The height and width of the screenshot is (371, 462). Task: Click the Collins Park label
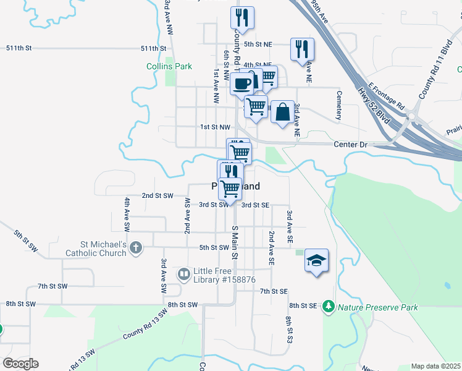[x=169, y=66]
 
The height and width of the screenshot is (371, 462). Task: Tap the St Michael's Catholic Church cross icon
[x=136, y=248]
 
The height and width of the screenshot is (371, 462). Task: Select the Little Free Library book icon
[x=184, y=273]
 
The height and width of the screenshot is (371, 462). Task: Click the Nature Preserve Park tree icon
[x=329, y=306]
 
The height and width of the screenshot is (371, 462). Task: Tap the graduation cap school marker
[x=316, y=261]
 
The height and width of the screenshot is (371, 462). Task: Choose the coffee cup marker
[x=241, y=83]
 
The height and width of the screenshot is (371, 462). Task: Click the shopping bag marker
[x=282, y=113]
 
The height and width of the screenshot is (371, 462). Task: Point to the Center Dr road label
[x=350, y=145]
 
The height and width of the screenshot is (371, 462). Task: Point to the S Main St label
[x=235, y=242]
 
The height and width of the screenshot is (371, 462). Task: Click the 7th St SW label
[x=52, y=286]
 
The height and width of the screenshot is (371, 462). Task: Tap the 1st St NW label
[x=215, y=127]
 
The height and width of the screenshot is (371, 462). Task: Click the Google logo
[x=20, y=363]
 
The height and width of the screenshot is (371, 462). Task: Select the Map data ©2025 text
[x=435, y=366]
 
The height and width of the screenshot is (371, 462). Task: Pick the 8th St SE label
[x=303, y=305]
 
